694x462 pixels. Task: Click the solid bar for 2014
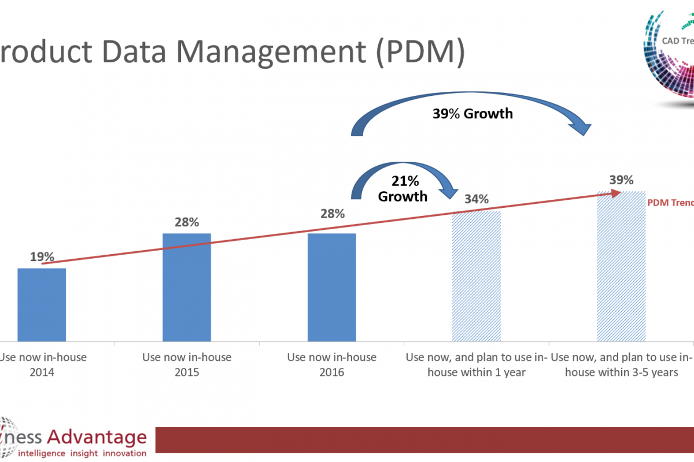tap(42, 304)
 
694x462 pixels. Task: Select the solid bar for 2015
tap(186, 287)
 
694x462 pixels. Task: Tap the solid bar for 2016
tap(331, 287)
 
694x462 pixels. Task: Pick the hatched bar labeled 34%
tap(476, 276)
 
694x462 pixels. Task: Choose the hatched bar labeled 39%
tap(621, 266)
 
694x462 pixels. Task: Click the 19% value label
tap(42, 257)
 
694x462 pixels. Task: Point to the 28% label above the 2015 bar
tap(187, 222)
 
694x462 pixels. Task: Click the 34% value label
tap(476, 199)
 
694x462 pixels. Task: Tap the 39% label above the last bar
tap(621, 180)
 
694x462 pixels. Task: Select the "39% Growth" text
tap(472, 114)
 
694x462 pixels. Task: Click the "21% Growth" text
tap(403, 189)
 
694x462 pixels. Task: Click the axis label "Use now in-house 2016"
tap(331, 364)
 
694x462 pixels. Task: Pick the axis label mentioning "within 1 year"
tap(476, 364)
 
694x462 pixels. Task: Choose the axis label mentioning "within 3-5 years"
tap(621, 364)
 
